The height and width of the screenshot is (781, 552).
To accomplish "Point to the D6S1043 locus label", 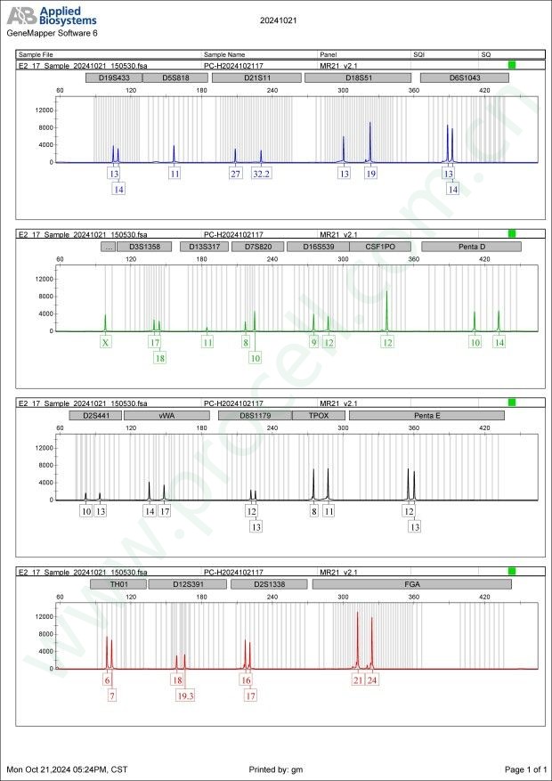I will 464,78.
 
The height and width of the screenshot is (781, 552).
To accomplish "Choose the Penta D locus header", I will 471,247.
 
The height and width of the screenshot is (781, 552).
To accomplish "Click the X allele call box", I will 105,342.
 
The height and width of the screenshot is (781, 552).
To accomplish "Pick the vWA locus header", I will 166,415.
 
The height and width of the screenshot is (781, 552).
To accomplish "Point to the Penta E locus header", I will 427,415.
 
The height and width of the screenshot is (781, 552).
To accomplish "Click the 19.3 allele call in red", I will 185,696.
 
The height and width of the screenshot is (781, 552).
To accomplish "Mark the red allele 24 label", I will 372,680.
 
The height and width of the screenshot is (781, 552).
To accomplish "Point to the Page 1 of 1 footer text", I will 525,769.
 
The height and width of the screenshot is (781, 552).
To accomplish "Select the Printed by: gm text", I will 277,769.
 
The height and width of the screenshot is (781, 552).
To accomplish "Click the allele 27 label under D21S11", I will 235,174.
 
